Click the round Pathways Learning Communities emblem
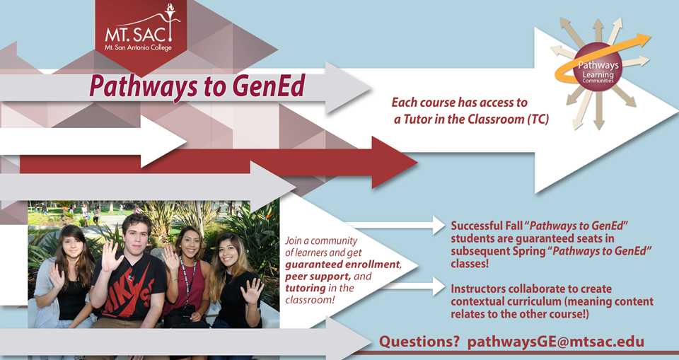[x=598, y=67]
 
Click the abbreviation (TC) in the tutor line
[x=538, y=119]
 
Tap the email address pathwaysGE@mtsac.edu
[x=556, y=342]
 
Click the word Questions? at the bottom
[x=419, y=342]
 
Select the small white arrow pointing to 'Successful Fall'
[x=395, y=225]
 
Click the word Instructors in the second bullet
[x=478, y=289]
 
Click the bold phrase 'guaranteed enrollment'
[x=343, y=265]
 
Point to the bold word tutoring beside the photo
[x=306, y=288]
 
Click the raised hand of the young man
[x=111, y=255]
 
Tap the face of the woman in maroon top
[x=187, y=240]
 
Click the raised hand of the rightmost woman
[x=253, y=291]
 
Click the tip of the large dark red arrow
[x=417, y=163]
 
